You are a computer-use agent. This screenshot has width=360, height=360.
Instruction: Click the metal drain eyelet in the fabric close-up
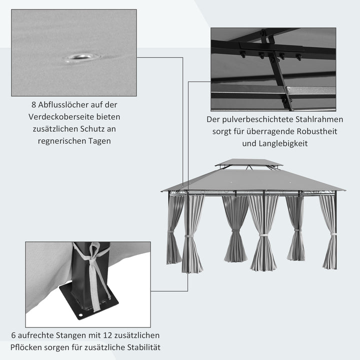click(x=79, y=57)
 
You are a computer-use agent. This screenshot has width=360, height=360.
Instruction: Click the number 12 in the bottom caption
click(x=103, y=335)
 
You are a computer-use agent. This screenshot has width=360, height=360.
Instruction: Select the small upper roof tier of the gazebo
click(x=248, y=163)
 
